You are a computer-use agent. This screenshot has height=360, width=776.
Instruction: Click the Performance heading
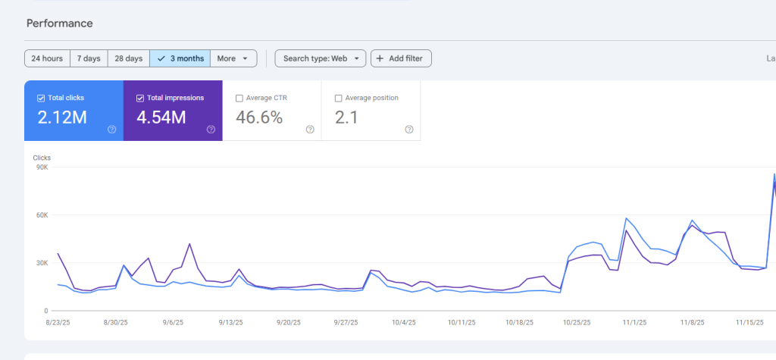[60, 23]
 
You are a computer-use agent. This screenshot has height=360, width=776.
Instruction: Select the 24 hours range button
[47, 58]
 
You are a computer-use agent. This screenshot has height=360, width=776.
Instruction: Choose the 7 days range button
[89, 58]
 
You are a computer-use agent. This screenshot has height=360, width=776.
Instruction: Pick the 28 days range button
[129, 58]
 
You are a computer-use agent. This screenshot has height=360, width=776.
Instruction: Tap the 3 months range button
[180, 58]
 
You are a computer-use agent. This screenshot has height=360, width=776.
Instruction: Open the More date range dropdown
[233, 58]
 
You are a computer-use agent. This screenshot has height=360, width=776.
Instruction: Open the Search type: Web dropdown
[321, 58]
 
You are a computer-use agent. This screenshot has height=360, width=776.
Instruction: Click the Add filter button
[401, 58]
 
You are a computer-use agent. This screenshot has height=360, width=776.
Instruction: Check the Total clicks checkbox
[41, 98]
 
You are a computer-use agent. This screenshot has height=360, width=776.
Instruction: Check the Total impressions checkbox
[140, 98]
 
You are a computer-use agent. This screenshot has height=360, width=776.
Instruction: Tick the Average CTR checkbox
[239, 98]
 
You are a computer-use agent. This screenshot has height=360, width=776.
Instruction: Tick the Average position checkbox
[338, 98]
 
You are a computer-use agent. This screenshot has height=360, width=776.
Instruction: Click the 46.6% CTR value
[259, 117]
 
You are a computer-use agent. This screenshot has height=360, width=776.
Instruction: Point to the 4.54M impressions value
[161, 117]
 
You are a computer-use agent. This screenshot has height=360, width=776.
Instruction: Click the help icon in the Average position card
[409, 130]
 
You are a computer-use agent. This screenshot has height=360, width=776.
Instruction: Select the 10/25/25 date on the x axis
[578, 322]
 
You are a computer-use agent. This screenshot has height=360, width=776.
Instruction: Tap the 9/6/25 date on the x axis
[172, 322]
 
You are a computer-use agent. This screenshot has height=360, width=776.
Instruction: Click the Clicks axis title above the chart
[42, 158]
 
